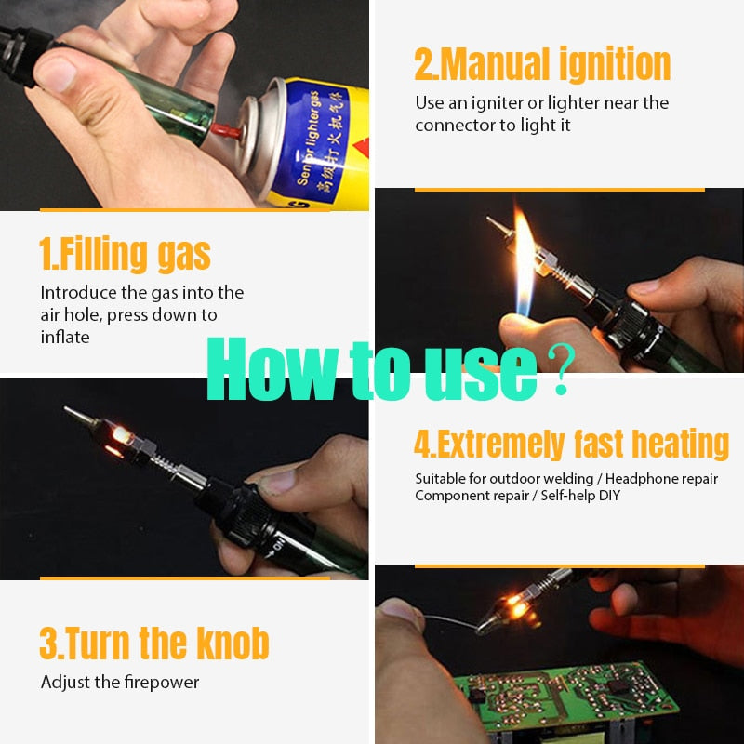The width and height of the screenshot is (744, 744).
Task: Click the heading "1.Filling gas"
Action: pyautogui.click(x=125, y=254)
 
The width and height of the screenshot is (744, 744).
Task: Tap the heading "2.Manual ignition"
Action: pyautogui.click(x=542, y=64)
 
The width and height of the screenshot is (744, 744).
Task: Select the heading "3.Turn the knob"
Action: pyautogui.click(x=154, y=643)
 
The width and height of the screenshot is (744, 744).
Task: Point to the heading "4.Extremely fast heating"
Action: pyautogui.click(x=571, y=445)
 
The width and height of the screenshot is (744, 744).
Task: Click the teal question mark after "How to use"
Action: pyautogui.click(x=562, y=369)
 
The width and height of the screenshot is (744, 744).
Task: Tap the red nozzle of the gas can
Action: pyautogui.click(x=226, y=130)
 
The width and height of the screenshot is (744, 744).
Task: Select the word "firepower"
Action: pyautogui.click(x=162, y=683)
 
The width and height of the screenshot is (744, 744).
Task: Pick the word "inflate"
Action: pyautogui.click(x=65, y=337)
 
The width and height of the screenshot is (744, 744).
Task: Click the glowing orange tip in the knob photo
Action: pyautogui.click(x=119, y=435)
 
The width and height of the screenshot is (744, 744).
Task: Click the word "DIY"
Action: pyautogui.click(x=609, y=496)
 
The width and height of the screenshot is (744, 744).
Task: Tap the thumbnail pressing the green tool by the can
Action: pyautogui.click(x=56, y=73)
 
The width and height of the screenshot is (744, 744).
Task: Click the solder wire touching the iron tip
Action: pyautogui.click(x=452, y=621)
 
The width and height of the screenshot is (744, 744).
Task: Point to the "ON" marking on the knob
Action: pyautogui.click(x=277, y=546)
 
